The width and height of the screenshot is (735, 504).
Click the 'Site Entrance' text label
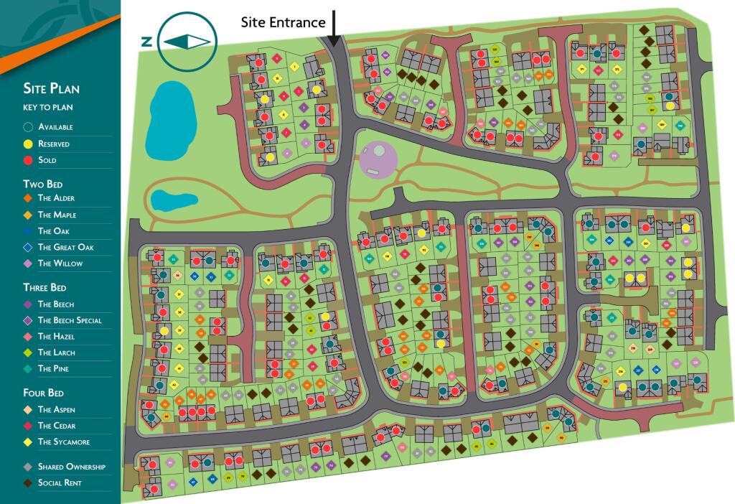coord(283,22)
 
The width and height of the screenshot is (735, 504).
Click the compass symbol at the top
coord(186,41)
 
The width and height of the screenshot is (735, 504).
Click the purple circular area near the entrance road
coord(378,159)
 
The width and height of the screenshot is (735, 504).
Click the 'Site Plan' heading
coord(51,89)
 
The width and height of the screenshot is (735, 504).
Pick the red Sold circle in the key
coord(28,160)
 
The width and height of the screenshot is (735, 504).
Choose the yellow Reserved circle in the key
coord(28,144)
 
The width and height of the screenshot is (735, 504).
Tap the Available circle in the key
coord(28,127)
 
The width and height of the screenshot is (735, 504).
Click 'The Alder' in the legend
coord(55,198)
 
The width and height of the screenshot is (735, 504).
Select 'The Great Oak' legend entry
coord(65,248)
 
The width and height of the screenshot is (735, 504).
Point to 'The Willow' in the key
coord(60,263)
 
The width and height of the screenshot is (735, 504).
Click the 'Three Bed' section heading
coord(48,288)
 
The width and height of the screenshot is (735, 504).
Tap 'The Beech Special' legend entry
coord(69,320)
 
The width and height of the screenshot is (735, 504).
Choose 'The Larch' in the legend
coord(55,353)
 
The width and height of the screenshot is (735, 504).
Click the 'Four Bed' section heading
coord(45,393)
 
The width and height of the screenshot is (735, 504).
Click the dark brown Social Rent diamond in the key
coord(28,483)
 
